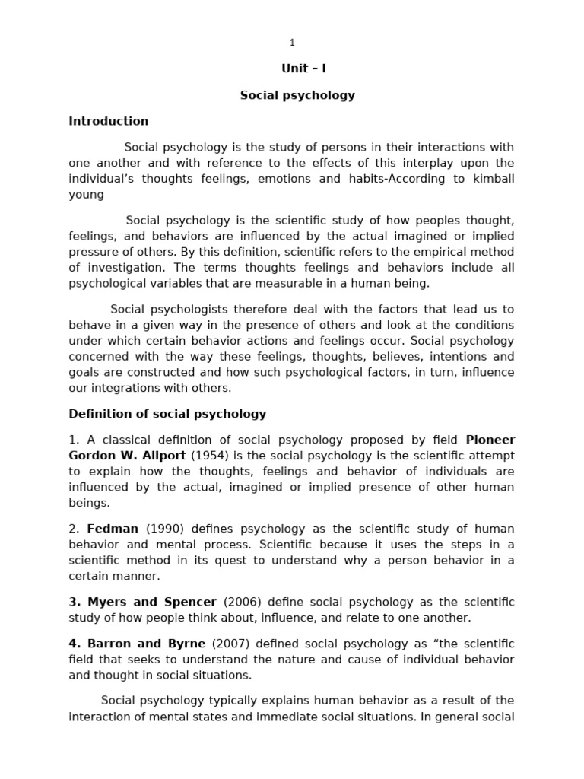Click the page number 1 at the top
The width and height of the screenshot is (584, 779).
click(292, 43)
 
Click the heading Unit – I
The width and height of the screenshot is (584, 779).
click(303, 68)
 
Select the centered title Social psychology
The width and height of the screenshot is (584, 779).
click(297, 96)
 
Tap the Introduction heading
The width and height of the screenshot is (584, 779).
click(109, 121)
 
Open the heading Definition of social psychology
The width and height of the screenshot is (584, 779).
click(167, 415)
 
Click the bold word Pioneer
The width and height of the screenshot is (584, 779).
click(490, 440)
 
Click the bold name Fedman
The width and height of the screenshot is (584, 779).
click(113, 529)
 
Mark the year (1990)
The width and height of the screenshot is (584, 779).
click(164, 529)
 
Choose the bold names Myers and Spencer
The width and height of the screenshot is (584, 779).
click(142, 602)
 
